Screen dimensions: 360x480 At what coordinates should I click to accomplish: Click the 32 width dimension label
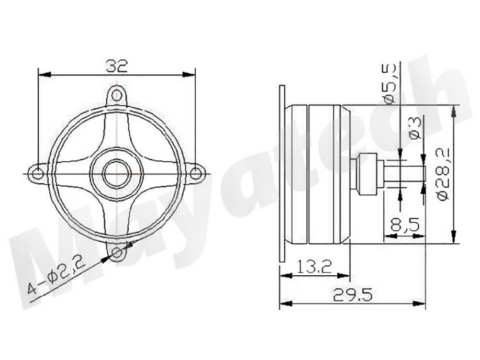[x=117, y=65]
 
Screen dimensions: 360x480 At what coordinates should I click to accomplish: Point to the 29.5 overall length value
[x=351, y=295]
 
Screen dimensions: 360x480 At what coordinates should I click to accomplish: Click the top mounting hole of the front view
[x=117, y=96]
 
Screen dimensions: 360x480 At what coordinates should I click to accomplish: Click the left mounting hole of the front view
[x=37, y=173]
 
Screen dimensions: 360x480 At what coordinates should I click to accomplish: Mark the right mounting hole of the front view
[x=196, y=173]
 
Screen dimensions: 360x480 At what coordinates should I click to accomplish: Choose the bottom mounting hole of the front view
[x=117, y=253]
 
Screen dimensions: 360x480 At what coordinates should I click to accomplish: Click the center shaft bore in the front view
[x=117, y=173]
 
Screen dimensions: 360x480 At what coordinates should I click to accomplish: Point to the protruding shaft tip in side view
[x=414, y=173]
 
